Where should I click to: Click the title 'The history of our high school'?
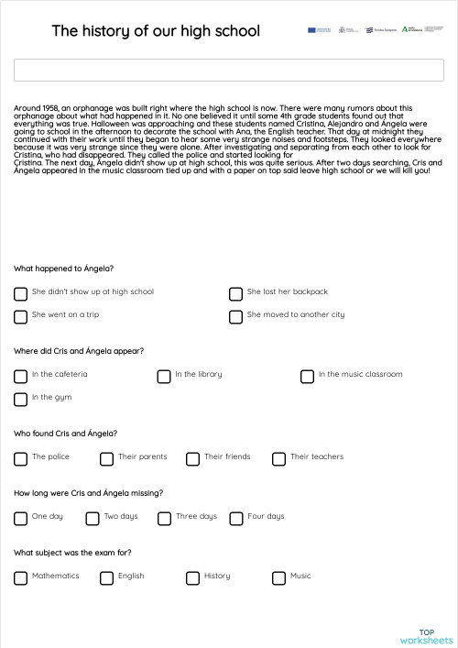point(156,31)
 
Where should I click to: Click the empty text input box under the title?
point(229,71)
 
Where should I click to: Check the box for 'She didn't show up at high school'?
point(20,294)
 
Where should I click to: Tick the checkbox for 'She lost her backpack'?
point(235,294)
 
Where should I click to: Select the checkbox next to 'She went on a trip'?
point(20,317)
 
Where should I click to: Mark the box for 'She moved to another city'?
point(235,317)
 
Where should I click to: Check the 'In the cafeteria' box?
point(20,377)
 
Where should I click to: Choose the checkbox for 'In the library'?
point(164,377)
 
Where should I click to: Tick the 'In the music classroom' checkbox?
point(307,377)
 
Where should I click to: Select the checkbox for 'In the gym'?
point(20,400)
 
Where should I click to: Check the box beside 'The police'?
point(20,459)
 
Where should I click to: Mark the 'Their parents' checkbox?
point(106,459)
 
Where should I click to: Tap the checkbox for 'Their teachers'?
point(278,459)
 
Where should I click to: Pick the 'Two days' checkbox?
point(93,519)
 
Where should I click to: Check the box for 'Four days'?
point(236,519)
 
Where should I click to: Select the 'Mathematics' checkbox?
point(20,578)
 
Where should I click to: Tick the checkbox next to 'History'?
point(192,578)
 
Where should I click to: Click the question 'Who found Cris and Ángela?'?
point(66,434)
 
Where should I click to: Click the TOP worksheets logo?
point(426,636)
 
